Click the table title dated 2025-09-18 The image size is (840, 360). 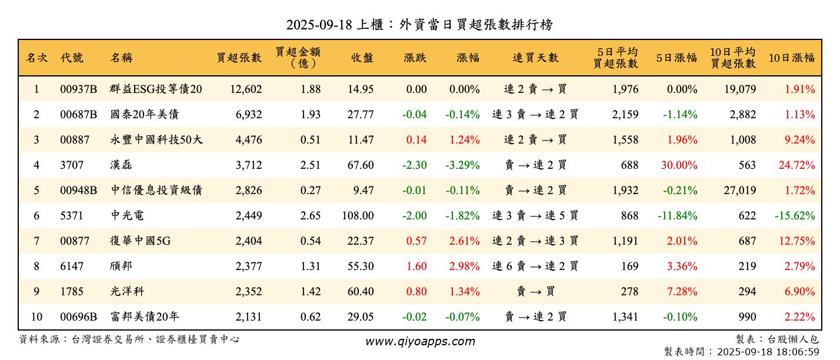pyautogui.click(x=419, y=24)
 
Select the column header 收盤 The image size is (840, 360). pyautogui.click(x=362, y=58)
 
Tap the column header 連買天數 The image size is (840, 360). pyautogui.click(x=535, y=58)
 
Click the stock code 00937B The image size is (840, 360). pyautogui.click(x=78, y=89)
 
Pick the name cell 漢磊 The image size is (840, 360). pyautogui.click(x=121, y=165)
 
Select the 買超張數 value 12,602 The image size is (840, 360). pyautogui.click(x=240, y=89)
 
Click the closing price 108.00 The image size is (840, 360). pyautogui.click(x=358, y=216)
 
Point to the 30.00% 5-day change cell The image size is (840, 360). pyautogui.click(x=679, y=165)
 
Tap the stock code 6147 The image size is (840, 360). pyautogui.click(x=72, y=266)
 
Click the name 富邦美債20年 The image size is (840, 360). pyautogui.click(x=144, y=317)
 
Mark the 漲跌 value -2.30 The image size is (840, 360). pyautogui.click(x=414, y=165)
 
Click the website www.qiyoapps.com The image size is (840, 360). pyautogui.click(x=420, y=341)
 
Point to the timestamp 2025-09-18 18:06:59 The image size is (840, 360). pyautogui.click(x=766, y=352)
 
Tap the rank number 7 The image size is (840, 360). pyautogui.click(x=36, y=241)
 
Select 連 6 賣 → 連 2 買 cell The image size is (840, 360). pyautogui.click(x=535, y=266)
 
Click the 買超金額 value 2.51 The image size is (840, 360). pyautogui.click(x=310, y=165)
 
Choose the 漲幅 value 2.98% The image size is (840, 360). pyautogui.click(x=464, y=266)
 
